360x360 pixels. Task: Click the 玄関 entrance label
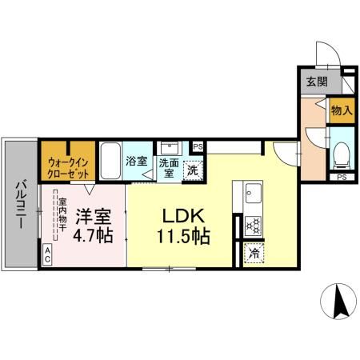click(315, 81)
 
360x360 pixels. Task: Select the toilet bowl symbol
click(341, 151)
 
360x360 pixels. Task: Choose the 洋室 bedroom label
click(94, 217)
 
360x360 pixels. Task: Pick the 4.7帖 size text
click(94, 238)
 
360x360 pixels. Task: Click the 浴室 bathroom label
click(136, 160)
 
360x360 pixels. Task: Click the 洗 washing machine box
click(192, 170)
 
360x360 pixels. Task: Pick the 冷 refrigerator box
click(253, 254)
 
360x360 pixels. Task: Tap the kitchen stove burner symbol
click(253, 226)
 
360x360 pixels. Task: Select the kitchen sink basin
click(253, 194)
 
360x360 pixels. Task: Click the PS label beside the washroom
click(198, 146)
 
